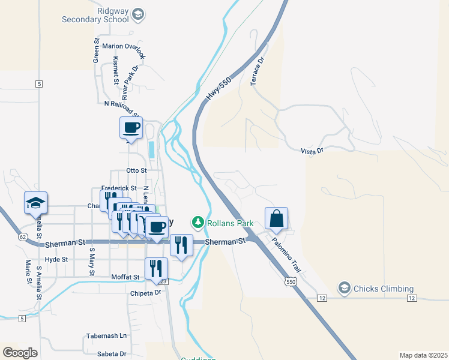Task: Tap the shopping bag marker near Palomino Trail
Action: [x=276, y=219]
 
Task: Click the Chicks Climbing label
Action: [x=384, y=289]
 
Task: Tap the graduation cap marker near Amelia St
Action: [x=35, y=203]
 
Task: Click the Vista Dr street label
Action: [x=312, y=151]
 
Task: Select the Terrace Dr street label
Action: [x=257, y=71]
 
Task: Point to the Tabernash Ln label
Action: [x=107, y=335]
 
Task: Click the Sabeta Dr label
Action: [x=114, y=354]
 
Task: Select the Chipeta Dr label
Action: [x=146, y=293]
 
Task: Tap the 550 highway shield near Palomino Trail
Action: [x=291, y=281]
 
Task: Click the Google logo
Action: [x=20, y=353]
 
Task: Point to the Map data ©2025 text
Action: [x=423, y=355]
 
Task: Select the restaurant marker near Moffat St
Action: [x=156, y=269]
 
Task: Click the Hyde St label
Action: [x=56, y=259]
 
